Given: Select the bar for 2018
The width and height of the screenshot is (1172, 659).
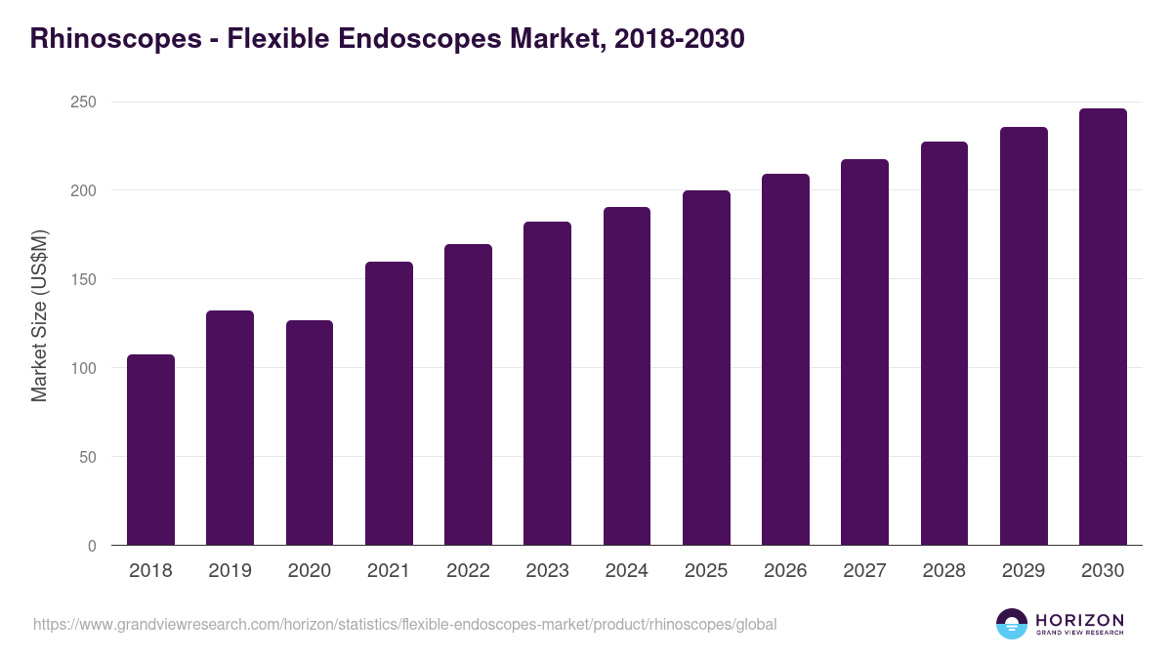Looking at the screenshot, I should tap(150, 450).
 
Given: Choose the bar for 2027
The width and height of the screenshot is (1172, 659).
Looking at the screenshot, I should tap(865, 352).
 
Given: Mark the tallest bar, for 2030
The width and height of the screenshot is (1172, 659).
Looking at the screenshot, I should tap(1103, 327).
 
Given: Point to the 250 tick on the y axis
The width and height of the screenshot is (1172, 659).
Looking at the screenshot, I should tap(84, 103).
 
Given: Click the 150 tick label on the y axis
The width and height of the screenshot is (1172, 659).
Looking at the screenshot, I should tap(84, 280).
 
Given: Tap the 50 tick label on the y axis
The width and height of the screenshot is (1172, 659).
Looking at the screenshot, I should tap(88, 458).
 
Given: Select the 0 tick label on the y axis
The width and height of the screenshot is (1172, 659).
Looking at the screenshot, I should tap(92, 547).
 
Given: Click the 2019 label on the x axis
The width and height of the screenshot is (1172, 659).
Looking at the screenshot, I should tap(230, 571).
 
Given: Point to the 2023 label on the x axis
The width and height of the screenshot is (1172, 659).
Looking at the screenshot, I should tap(547, 571).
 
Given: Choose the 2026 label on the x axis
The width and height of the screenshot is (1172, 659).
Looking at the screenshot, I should tap(785, 571).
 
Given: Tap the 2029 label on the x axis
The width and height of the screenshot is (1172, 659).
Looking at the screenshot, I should tap(1024, 571).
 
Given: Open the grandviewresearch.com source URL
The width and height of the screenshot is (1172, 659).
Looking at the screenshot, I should tap(405, 624).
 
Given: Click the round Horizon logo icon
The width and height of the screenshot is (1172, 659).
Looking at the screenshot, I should tap(1012, 624).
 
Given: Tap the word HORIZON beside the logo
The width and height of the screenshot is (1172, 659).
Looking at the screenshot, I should tap(1079, 619).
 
